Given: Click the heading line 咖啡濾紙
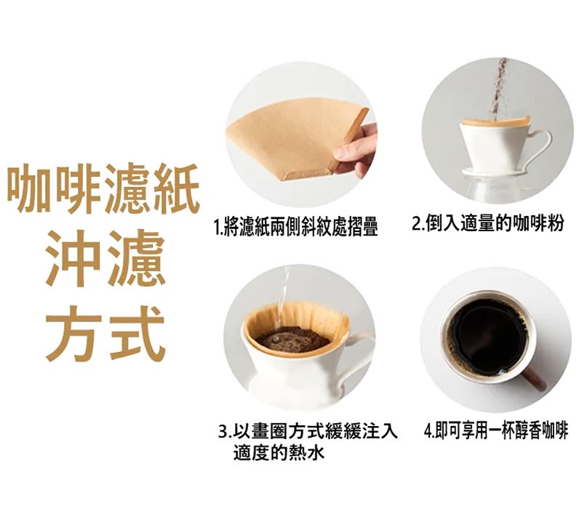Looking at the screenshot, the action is click(104, 188).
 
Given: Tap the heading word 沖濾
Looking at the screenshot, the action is click(105, 258).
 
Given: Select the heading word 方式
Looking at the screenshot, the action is click(105, 334).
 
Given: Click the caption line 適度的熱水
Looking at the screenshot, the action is click(279, 452).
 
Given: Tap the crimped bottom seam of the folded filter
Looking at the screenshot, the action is click(306, 175).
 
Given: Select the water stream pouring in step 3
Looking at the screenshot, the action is click(282, 297).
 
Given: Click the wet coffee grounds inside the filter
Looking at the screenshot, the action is click(292, 339).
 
